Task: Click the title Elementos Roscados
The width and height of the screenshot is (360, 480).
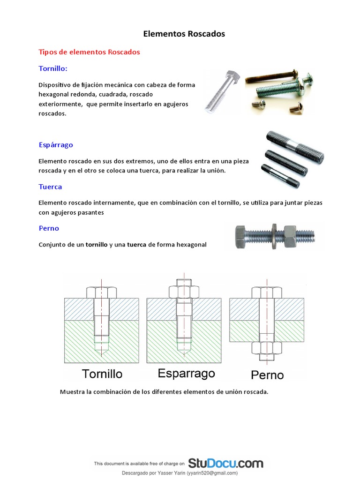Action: pos(184,34)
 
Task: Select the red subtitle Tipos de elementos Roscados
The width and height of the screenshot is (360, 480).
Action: pos(89,52)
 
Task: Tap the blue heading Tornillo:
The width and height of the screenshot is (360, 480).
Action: pos(53,69)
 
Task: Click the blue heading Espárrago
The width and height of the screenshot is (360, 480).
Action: pos(56,145)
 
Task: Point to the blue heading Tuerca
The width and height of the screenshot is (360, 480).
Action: pos(50,187)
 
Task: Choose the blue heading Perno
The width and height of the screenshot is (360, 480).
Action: pos(49,228)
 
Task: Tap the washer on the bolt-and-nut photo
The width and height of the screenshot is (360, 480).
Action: pos(273,237)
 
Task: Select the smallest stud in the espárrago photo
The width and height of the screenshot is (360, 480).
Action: pos(280,175)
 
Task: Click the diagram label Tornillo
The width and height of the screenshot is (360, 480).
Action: pos(102,374)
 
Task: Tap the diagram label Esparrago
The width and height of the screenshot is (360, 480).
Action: pos(186,373)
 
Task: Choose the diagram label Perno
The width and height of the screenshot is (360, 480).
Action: pos(267,375)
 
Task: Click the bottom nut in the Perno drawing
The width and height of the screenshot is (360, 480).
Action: pos(267,349)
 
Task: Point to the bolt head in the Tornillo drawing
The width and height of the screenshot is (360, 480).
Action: pos(102,292)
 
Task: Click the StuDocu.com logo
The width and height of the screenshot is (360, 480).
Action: pos(225,464)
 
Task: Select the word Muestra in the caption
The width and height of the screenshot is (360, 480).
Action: pos(73,392)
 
